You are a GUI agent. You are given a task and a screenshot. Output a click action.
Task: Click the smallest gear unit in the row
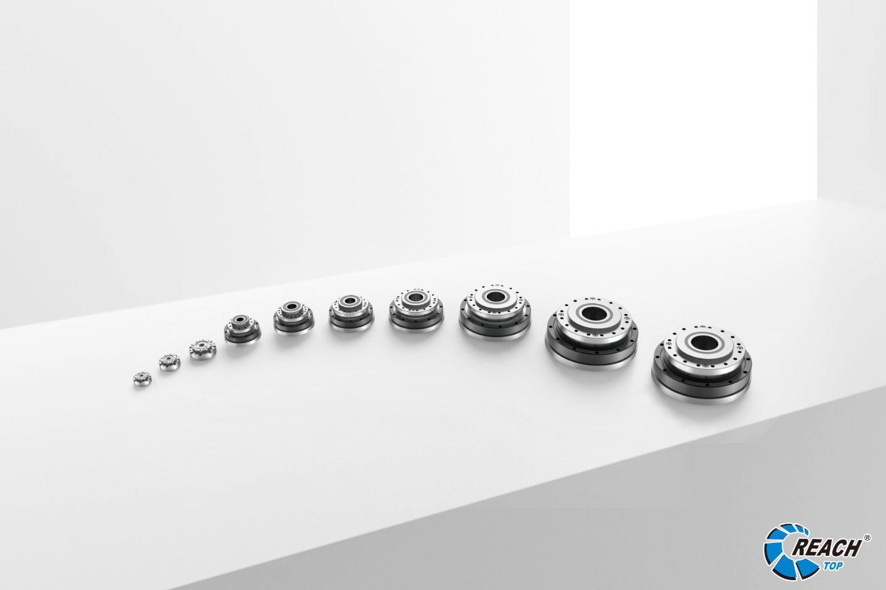click(x=142, y=378)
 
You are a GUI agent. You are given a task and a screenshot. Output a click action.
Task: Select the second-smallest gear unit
click(x=170, y=362)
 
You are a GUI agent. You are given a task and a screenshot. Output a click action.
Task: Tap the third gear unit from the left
click(x=203, y=349)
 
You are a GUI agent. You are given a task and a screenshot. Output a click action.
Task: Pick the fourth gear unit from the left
click(x=242, y=329)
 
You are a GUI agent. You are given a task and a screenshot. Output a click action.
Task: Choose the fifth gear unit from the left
click(x=293, y=318)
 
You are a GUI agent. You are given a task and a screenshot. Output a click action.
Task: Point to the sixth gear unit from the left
click(x=351, y=313)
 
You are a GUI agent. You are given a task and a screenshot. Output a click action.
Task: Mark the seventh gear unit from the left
click(x=416, y=310)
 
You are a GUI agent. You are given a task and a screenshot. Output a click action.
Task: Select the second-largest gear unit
click(x=592, y=334)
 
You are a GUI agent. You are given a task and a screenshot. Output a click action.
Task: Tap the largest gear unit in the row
click(x=702, y=364)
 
